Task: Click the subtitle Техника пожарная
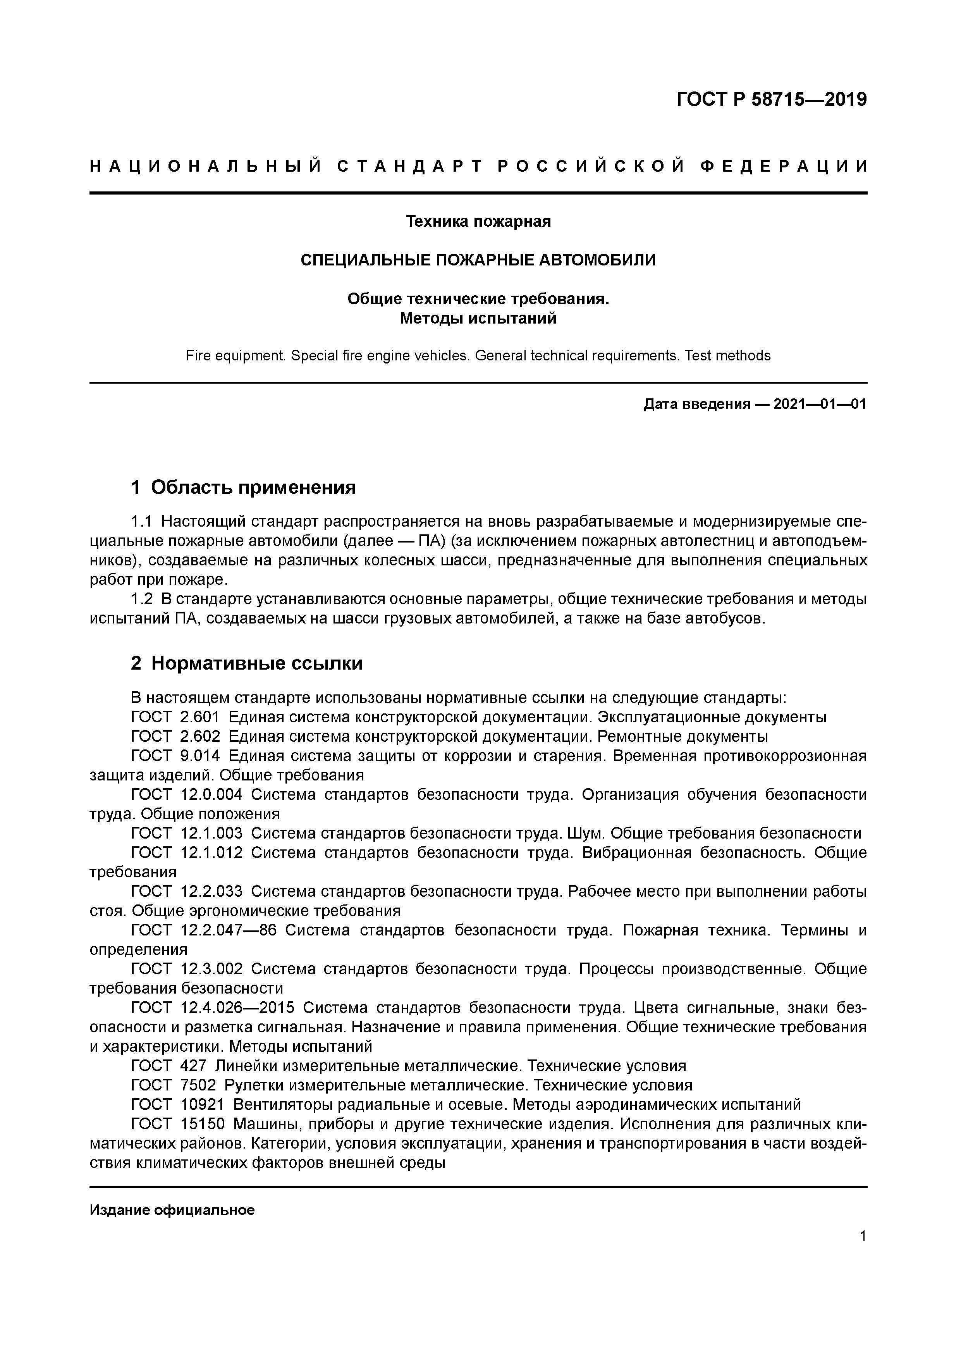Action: click(478, 221)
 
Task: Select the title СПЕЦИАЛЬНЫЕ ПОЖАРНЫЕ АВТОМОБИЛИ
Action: click(478, 260)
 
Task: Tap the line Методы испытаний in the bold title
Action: click(478, 319)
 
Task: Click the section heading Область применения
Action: click(253, 488)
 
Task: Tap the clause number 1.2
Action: click(141, 599)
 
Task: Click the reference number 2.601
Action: click(199, 717)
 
